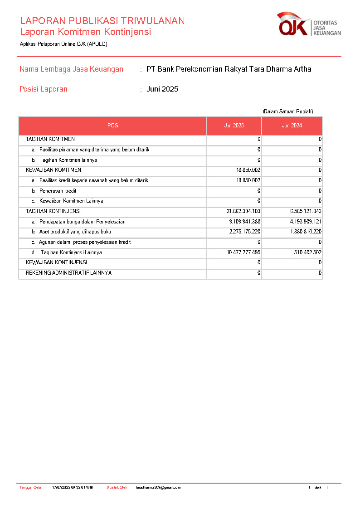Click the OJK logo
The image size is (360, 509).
[x=309, y=25]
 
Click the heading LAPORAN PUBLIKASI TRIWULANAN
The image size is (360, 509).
[x=102, y=21]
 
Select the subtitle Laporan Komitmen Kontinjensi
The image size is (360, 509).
[x=85, y=32]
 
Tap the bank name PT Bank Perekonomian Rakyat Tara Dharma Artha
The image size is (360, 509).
[x=229, y=69]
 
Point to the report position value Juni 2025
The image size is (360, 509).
[x=162, y=89]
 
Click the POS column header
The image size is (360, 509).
[x=112, y=126]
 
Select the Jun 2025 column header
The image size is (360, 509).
[x=234, y=126]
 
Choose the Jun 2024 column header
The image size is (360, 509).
[x=292, y=126]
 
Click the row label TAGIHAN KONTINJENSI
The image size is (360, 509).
[x=53, y=211]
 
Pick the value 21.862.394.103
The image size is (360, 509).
[x=243, y=211]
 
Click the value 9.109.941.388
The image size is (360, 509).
[x=244, y=222]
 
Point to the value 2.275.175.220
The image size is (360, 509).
[x=244, y=232]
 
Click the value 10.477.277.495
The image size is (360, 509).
[x=243, y=252]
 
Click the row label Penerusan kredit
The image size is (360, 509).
[x=58, y=191]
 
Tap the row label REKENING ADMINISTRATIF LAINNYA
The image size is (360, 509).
[x=68, y=273]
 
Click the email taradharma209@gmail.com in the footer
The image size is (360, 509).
[x=158, y=488]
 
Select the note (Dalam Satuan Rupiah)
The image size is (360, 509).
[x=287, y=111]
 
